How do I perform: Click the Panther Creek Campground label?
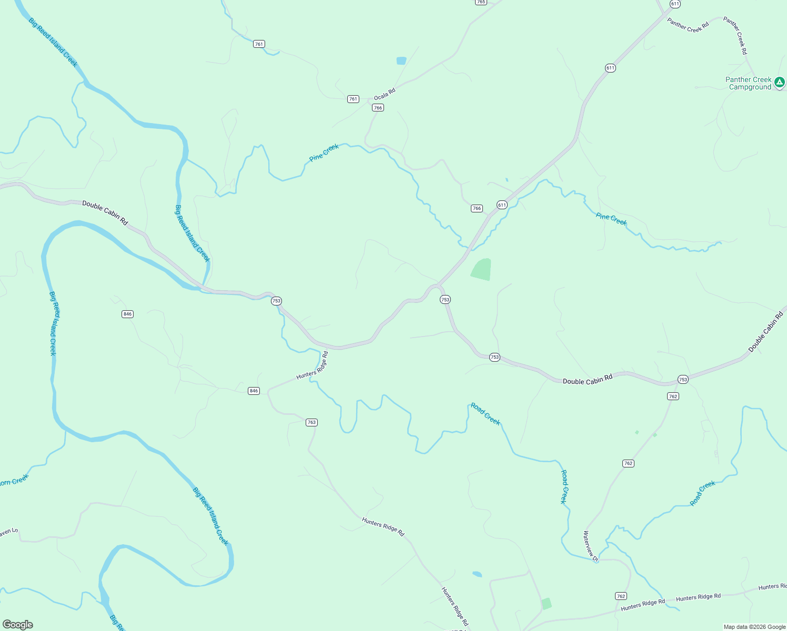749,83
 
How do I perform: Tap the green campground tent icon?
780,82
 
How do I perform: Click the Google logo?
18,625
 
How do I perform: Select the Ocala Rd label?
385,95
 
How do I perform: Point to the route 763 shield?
311,422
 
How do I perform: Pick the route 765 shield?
481,2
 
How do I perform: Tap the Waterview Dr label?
591,546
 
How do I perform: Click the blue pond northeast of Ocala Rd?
401,60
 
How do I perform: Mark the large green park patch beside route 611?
482,269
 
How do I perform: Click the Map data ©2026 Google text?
754,627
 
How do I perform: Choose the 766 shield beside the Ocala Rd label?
378,107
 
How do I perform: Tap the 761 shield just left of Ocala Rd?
353,99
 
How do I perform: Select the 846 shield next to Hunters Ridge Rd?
254,391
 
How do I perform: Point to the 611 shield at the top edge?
675,4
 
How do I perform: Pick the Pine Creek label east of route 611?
611,219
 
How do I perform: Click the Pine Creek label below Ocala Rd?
324,152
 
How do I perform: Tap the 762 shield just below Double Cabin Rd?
673,396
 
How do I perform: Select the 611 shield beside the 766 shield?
502,205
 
